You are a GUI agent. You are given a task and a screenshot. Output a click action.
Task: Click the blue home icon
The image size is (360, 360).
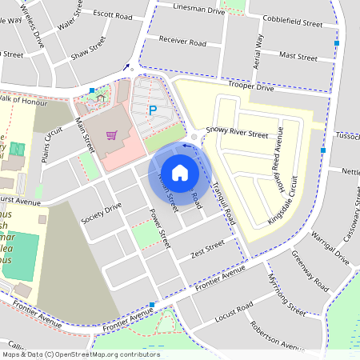point(180,173)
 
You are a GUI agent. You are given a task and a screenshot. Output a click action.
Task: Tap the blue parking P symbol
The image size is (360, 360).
point(152,111)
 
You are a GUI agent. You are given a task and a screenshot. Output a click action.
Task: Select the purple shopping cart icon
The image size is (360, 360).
point(111,134)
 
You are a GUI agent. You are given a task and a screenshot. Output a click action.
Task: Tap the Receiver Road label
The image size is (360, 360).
point(182,42)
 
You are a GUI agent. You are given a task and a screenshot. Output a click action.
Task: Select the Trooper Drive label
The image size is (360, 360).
point(251,86)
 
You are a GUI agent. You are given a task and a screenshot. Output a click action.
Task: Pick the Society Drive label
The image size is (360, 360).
point(101,211)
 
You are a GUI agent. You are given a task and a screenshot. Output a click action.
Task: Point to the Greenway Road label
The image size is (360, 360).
point(310,273)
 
